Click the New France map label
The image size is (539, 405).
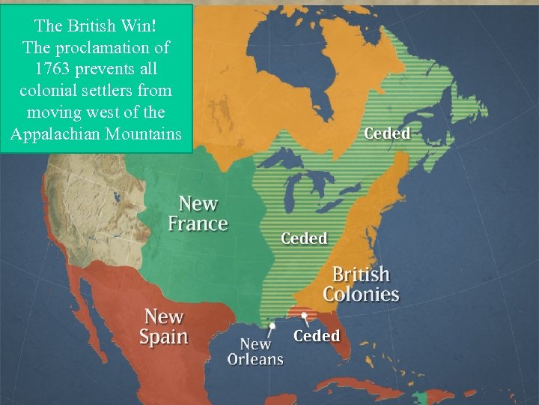[198, 213]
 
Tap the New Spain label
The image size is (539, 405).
[164, 326]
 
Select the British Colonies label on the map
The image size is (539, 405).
[361, 283]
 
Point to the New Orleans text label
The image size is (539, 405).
[255, 351]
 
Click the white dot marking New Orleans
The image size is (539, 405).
[272, 326]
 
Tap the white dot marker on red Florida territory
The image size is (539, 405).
[305, 316]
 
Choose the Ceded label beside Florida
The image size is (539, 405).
[317, 335]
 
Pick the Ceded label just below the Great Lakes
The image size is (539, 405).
[304, 238]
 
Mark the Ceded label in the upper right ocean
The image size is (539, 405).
[386, 133]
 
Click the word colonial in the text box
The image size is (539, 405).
[51, 91]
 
